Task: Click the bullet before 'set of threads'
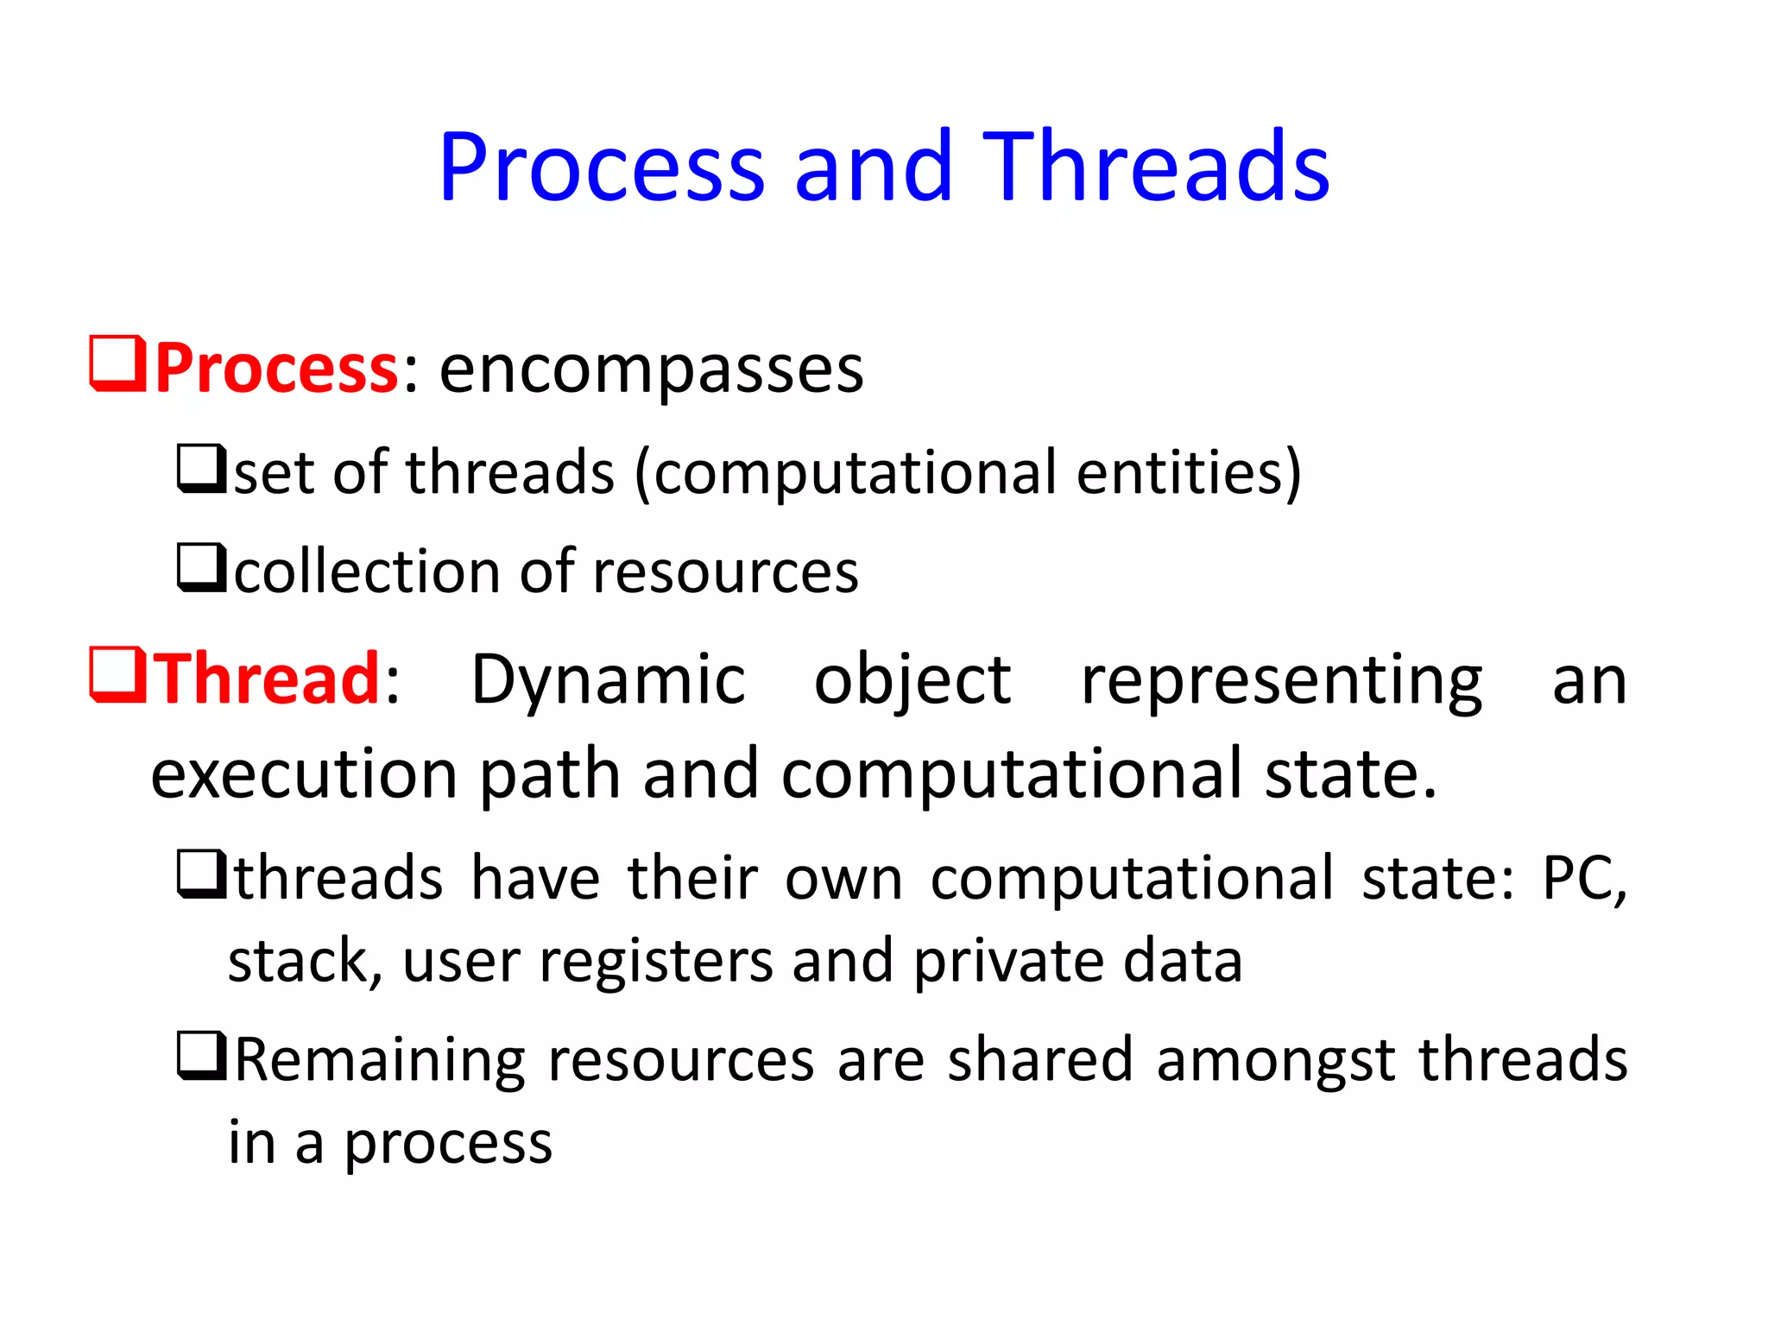coord(202,469)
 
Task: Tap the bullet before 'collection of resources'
coord(202,568)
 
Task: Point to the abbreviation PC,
coord(1584,879)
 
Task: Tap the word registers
coord(656,963)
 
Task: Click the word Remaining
coord(380,1061)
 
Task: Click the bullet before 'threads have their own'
coord(202,874)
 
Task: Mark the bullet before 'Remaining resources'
coord(202,1056)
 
